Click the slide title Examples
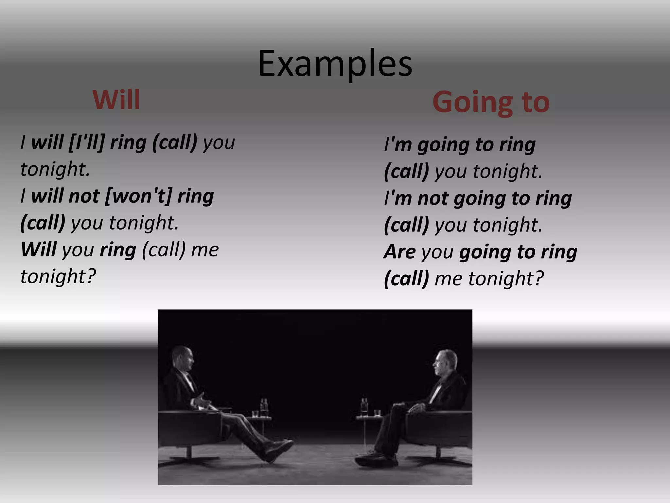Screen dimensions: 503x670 (x=335, y=64)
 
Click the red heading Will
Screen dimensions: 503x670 (x=116, y=100)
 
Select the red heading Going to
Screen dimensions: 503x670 (x=491, y=102)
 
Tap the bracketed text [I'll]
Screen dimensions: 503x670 (x=87, y=142)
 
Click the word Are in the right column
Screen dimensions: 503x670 (x=399, y=252)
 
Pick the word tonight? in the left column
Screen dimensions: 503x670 (x=58, y=276)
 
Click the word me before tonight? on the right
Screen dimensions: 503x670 (x=448, y=279)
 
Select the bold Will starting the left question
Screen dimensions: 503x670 (x=38, y=250)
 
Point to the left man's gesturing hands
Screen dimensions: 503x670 (x=201, y=401)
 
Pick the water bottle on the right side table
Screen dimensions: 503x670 (x=364, y=406)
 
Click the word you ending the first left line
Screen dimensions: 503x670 (x=219, y=142)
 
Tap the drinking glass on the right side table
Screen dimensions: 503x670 (x=377, y=413)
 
